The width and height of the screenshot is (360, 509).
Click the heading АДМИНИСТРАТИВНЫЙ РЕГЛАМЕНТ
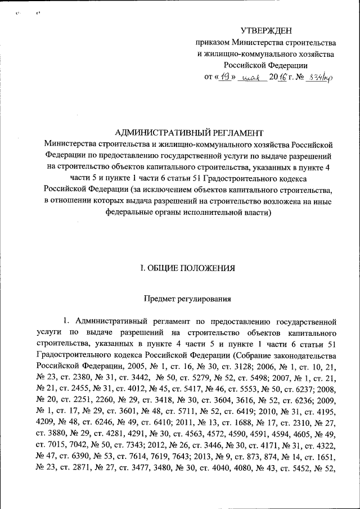[x=189, y=133]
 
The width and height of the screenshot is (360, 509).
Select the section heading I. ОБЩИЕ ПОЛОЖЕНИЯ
[x=188, y=268]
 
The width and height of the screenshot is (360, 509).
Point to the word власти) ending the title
[x=256, y=213]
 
